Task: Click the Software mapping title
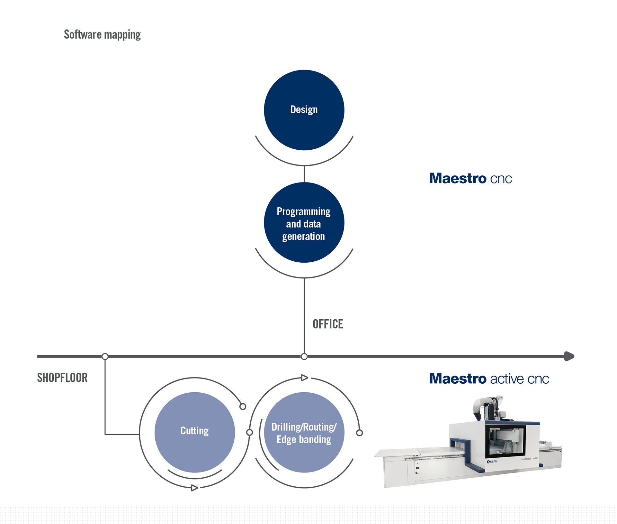pyautogui.click(x=102, y=34)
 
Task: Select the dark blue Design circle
pyautogui.click(x=304, y=110)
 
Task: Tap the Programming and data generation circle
pyautogui.click(x=304, y=222)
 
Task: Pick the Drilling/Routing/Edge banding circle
pyautogui.click(x=304, y=432)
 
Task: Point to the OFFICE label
pyautogui.click(x=328, y=324)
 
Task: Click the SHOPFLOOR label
pyautogui.click(x=62, y=378)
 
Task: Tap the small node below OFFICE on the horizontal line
pyautogui.click(x=304, y=356)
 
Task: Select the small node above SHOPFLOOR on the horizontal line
pyautogui.click(x=105, y=356)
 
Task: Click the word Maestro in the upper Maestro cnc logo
pyautogui.click(x=458, y=178)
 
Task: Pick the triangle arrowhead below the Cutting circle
pyautogui.click(x=194, y=488)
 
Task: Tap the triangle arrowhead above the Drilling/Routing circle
pyautogui.click(x=304, y=378)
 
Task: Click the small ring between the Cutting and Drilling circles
pyautogui.click(x=249, y=432)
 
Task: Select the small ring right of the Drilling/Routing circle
pyautogui.click(x=360, y=433)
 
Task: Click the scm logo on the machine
pyautogui.click(x=492, y=461)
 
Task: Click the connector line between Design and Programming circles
pyautogui.click(x=304, y=174)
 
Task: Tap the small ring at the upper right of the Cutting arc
pyautogui.click(x=243, y=407)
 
